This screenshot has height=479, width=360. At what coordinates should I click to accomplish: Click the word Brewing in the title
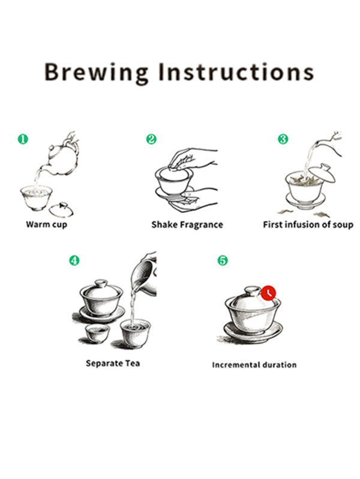pos(96,73)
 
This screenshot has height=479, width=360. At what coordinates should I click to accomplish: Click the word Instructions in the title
pos(236,72)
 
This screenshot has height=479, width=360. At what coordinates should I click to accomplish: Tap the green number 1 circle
pos(23,139)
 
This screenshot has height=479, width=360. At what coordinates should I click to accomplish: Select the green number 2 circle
pos(151,139)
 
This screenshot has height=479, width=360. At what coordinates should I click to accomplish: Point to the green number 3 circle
pos(283,139)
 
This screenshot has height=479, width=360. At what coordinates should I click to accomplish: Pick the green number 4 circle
pos(74,261)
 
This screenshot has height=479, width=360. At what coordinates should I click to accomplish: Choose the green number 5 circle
pos(223,261)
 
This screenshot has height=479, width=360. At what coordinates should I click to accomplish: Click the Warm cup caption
pos(46,225)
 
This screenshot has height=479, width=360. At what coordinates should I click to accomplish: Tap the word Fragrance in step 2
pos(201,225)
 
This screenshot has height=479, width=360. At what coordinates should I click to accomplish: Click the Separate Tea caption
pos(113,363)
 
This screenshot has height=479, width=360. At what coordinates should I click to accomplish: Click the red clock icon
pos(268,293)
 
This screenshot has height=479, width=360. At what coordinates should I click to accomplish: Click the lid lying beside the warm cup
pos(61,210)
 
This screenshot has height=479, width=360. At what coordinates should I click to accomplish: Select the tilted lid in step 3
pos(322,173)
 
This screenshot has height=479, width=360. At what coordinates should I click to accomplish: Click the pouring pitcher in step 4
pos(143,275)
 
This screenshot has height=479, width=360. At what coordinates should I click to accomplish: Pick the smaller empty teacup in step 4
pos(97,333)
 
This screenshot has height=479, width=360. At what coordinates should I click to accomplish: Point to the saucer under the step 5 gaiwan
pos(253,332)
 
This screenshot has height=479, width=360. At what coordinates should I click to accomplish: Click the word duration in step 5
pos(279,364)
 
